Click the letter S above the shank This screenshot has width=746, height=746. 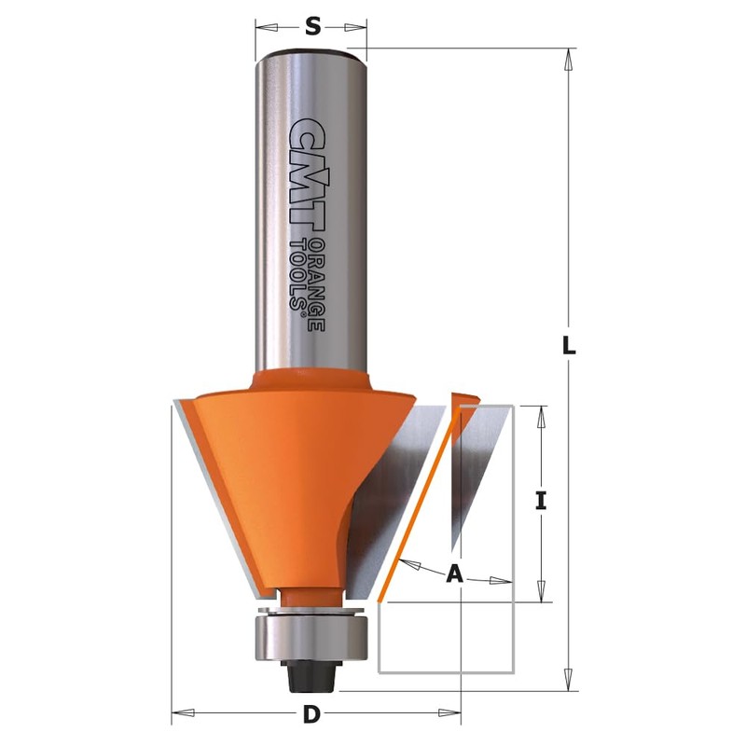point(312,27)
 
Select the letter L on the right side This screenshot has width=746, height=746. point(569,345)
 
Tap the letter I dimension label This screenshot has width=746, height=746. point(540,501)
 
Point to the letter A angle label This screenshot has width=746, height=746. point(454,574)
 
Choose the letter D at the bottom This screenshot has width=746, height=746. point(312,716)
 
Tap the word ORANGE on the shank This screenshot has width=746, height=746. point(315,284)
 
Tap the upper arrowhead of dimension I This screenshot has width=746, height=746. point(540,416)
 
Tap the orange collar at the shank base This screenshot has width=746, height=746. point(312,380)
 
